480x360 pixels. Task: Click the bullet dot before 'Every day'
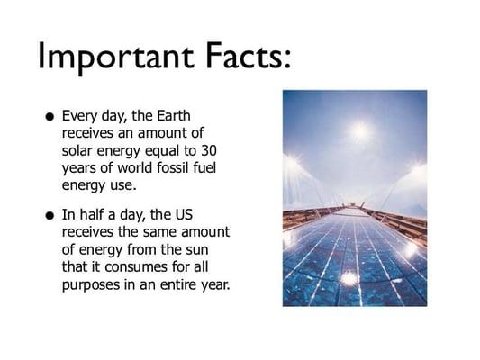(x=46, y=117)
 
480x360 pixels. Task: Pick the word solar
(x=80, y=148)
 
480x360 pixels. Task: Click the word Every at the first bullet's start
(x=78, y=116)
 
